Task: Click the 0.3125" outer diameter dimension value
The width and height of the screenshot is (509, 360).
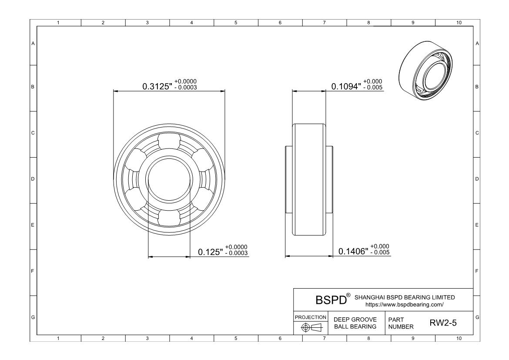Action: click(x=157, y=87)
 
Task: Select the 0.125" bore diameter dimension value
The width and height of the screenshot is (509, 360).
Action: click(x=211, y=252)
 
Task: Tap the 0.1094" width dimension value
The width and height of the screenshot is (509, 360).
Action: click(x=346, y=87)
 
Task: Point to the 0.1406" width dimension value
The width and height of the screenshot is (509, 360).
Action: click(x=353, y=251)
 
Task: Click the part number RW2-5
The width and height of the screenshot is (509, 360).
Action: click(x=443, y=323)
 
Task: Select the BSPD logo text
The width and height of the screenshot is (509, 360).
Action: click(x=331, y=300)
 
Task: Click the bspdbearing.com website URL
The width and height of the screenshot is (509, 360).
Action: click(x=405, y=305)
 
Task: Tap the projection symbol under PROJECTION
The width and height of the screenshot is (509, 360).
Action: click(x=311, y=327)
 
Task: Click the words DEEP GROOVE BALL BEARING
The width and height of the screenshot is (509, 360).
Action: click(x=355, y=323)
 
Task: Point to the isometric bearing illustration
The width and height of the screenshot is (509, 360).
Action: click(x=425, y=72)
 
